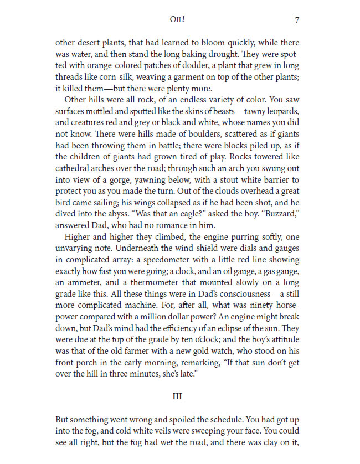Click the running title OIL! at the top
179,20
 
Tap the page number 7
297,20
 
